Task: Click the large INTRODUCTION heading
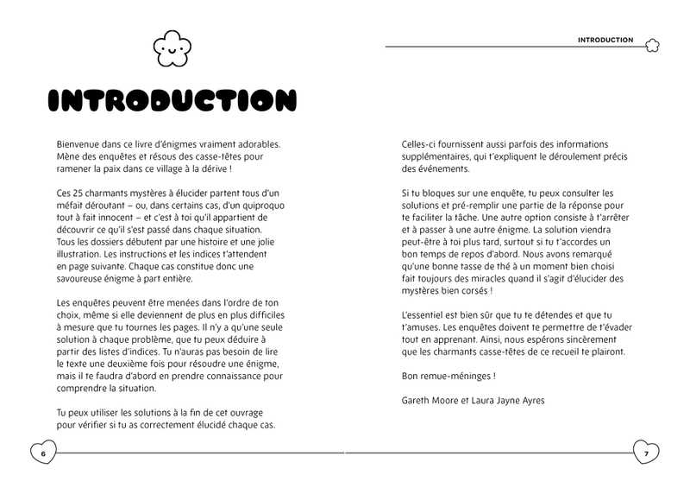173,100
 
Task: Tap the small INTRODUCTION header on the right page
605,40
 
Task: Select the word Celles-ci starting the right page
420,144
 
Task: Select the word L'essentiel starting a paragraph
423,315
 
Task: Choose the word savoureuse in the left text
85,278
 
